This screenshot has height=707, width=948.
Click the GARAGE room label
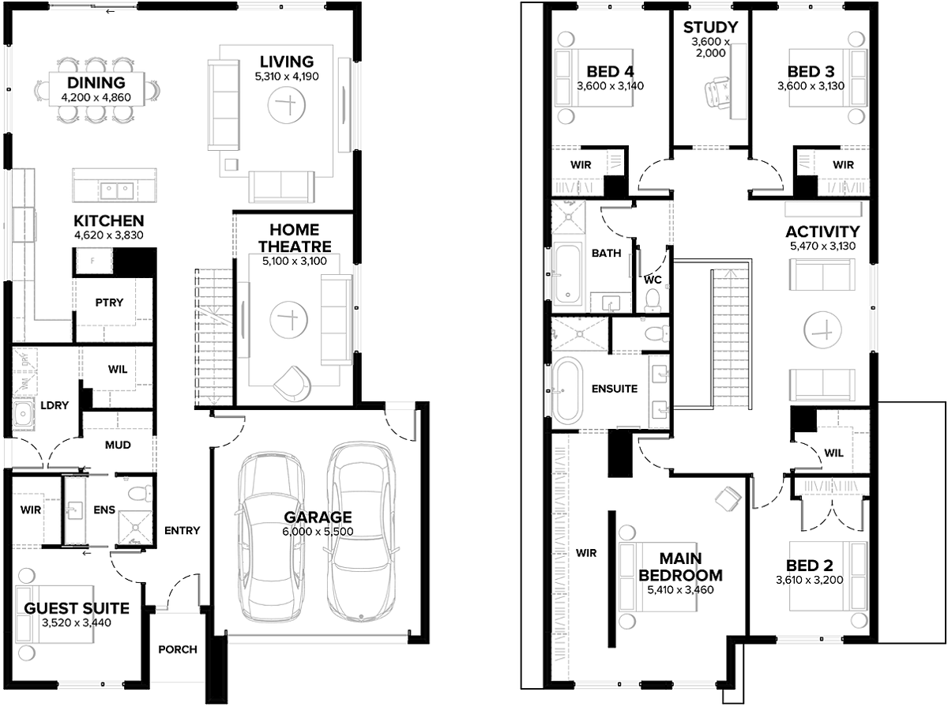click(x=318, y=517)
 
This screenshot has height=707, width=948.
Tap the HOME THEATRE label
click(x=295, y=238)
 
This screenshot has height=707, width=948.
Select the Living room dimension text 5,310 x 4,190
click(x=287, y=77)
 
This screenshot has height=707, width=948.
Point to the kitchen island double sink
click(x=117, y=190)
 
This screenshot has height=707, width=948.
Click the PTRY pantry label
click(x=109, y=303)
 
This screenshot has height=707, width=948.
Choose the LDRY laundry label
click(x=55, y=405)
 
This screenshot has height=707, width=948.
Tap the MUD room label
click(x=118, y=445)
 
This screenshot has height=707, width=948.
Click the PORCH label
click(x=178, y=649)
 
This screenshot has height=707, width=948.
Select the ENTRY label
click(x=182, y=530)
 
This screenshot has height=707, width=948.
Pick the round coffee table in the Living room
click(x=286, y=105)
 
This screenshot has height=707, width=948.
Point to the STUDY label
click(x=710, y=27)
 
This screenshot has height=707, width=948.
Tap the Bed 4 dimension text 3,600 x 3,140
click(x=610, y=86)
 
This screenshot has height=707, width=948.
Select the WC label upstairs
click(x=653, y=280)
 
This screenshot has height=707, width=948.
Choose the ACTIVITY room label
click(x=822, y=232)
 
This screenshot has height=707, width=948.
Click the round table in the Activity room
click(x=822, y=330)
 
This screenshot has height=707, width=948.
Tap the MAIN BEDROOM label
click(x=681, y=567)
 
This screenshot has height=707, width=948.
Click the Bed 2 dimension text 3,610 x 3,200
click(x=810, y=580)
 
